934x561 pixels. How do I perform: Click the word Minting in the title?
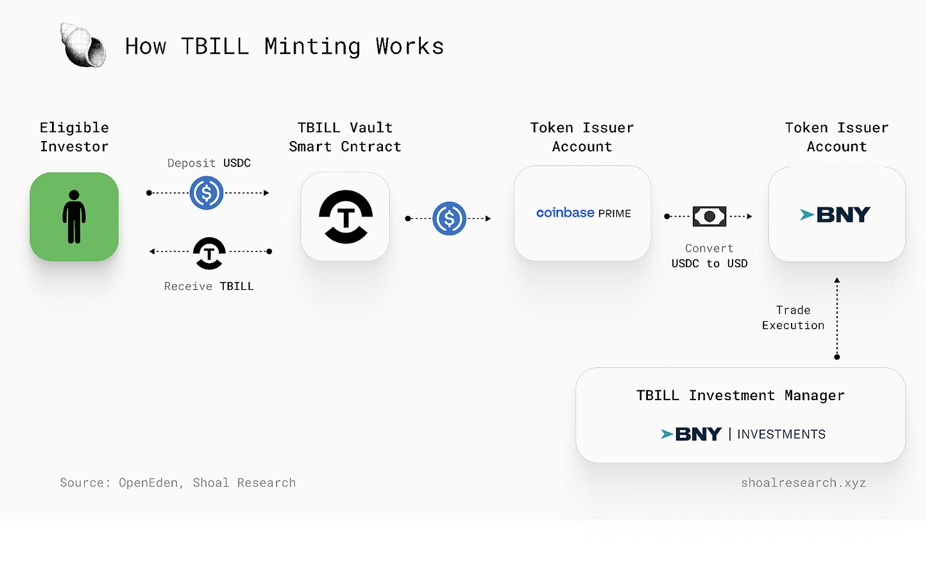[312, 46]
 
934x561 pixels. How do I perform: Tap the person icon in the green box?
[74, 217]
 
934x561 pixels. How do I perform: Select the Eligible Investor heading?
[74, 137]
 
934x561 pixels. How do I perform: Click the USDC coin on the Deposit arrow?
[207, 193]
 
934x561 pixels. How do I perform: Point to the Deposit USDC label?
[209, 163]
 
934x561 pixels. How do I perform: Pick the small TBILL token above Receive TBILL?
[209, 253]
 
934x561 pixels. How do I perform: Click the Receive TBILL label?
[209, 286]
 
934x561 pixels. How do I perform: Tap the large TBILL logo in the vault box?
[346, 217]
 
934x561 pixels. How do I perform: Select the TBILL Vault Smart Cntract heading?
[345, 137]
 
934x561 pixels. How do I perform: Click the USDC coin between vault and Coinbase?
[449, 219]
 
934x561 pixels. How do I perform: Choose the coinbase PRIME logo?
[583, 213]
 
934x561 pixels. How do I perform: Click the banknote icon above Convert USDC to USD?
[709, 217]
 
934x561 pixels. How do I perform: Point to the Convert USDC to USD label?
[709, 256]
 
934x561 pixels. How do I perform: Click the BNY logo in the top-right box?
[836, 215]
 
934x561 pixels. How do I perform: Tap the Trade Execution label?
[794, 317]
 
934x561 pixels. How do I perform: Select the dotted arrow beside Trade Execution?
[837, 318]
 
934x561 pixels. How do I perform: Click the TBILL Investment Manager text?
[740, 396]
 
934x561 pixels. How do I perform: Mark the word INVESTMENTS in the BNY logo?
[781, 434]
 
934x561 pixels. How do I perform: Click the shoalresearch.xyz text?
[803, 483]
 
